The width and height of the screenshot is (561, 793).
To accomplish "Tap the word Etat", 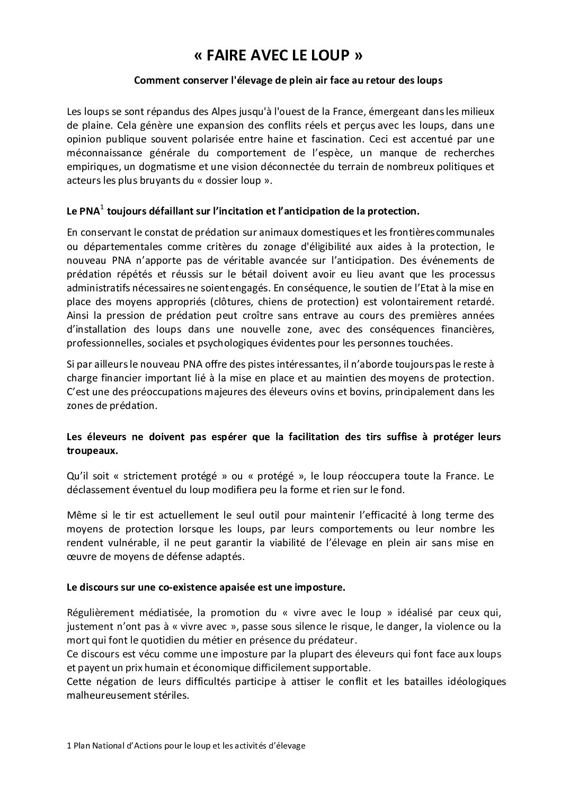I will (418, 288).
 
